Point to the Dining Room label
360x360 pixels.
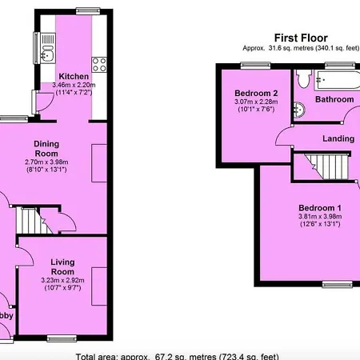46,148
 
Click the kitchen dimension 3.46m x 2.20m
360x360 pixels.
73,85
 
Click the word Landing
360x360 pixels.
338,139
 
